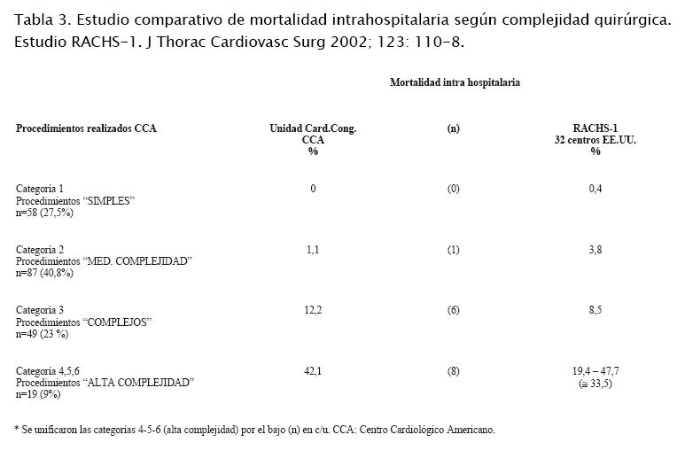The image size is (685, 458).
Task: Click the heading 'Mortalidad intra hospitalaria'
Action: [455, 82]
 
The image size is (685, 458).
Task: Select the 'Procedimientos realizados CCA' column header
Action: [86, 128]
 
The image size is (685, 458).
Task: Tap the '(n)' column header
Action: [453, 128]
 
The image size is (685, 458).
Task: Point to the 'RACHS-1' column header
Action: [595, 128]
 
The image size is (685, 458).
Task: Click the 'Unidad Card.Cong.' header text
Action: [313, 128]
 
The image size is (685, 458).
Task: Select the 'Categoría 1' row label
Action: [40, 189]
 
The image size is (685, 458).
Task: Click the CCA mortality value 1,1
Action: [313, 251]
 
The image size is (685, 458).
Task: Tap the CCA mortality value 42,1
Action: [313, 371]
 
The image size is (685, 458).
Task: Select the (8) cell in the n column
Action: [453, 371]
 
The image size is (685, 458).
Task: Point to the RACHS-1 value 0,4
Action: [595, 189]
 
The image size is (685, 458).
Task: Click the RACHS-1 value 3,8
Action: [595, 251]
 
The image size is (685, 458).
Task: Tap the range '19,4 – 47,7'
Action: [595, 371]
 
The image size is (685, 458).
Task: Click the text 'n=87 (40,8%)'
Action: [44, 273]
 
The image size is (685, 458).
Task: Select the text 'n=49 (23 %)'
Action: [43, 334]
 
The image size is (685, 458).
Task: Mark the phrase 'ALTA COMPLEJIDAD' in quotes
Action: [137, 383]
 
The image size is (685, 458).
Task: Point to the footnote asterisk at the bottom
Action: [18, 429]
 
